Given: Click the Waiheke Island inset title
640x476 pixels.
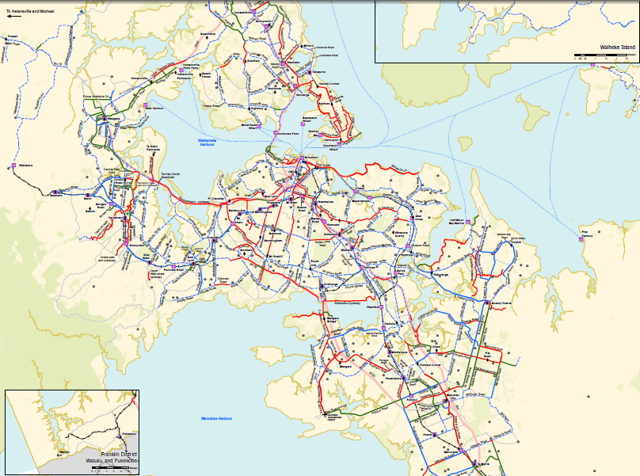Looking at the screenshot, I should [x=619, y=48].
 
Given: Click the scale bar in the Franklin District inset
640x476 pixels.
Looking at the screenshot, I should [x=111, y=467].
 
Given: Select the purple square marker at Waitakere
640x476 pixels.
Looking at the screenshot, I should [x=13, y=166].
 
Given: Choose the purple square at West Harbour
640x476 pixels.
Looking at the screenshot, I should [x=145, y=105].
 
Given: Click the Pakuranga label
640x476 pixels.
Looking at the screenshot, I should [x=440, y=274].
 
